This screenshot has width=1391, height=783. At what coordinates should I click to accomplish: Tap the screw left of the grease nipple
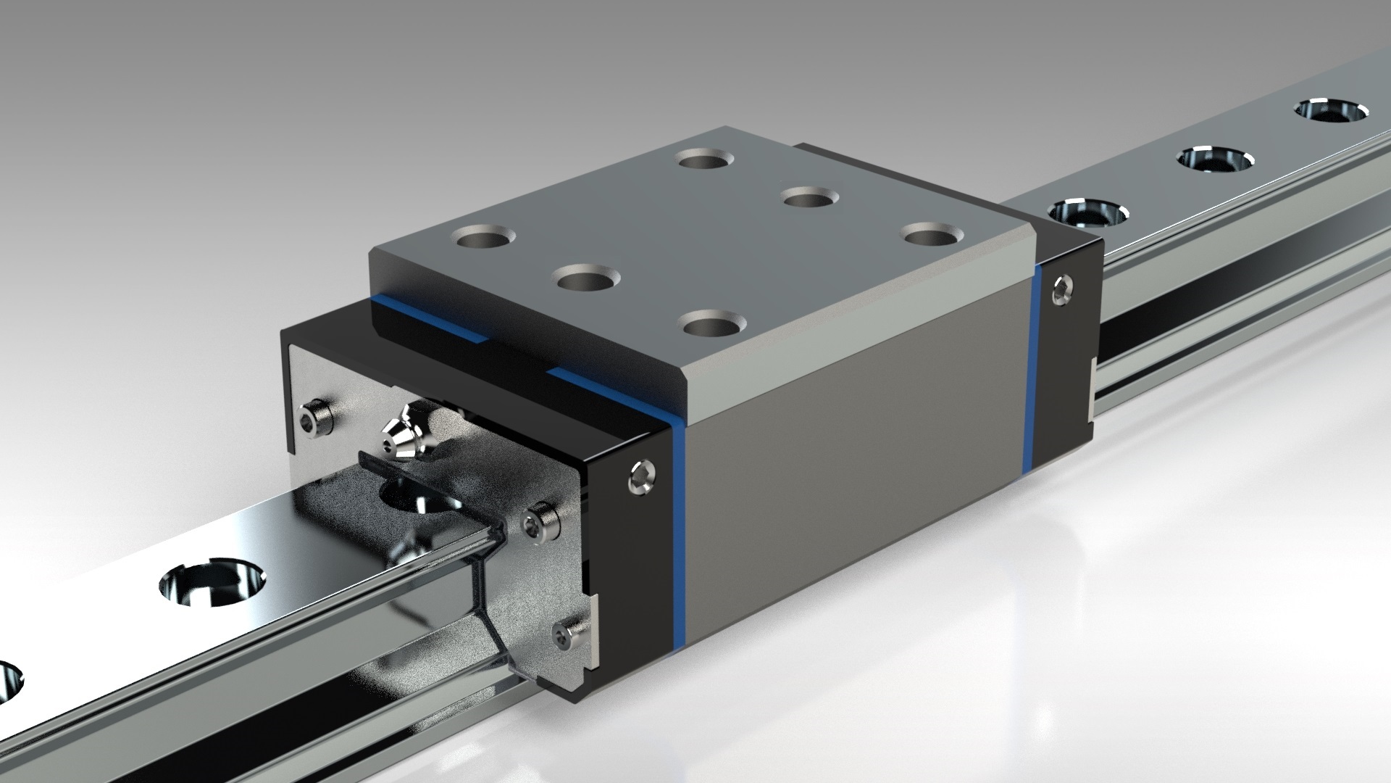[316, 416]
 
